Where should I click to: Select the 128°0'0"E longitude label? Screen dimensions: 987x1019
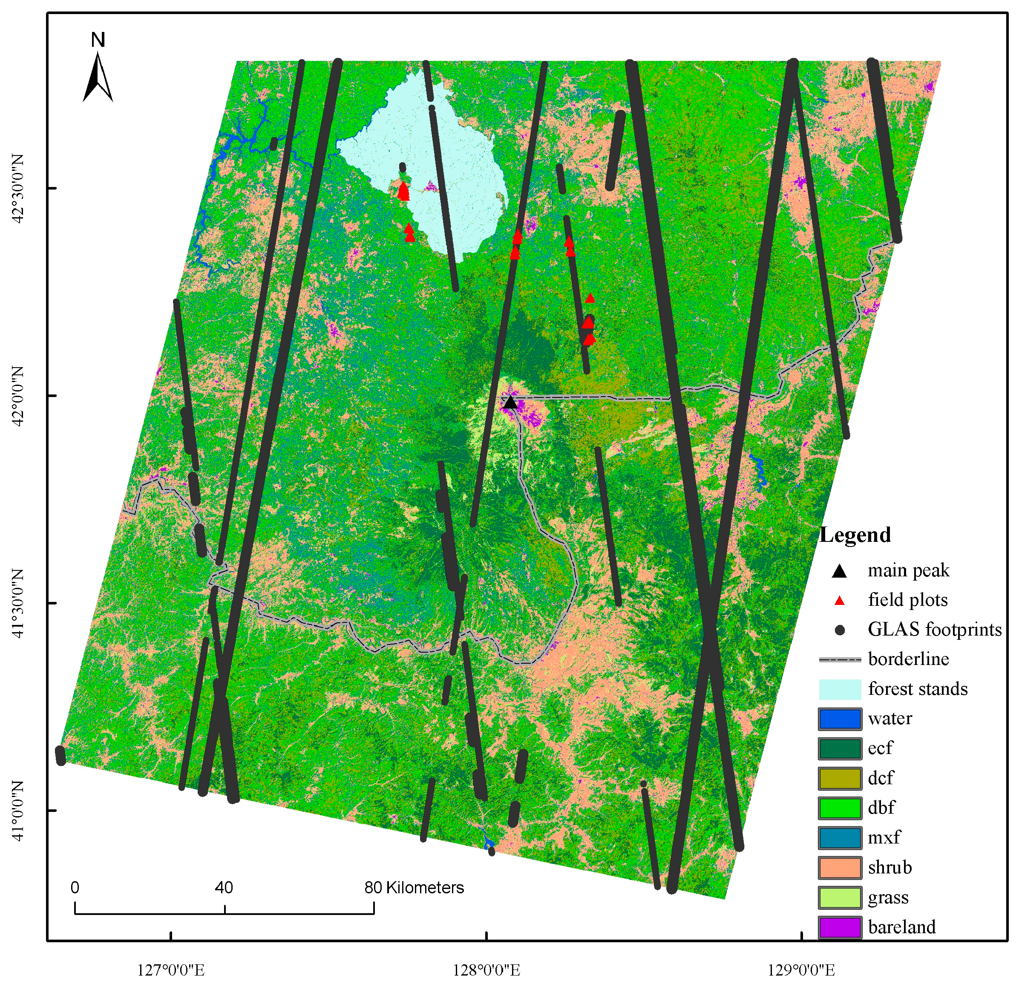(x=486, y=970)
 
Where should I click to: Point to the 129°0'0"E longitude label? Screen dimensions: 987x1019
(x=802, y=970)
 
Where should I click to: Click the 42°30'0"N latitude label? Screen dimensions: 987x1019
(x=19, y=188)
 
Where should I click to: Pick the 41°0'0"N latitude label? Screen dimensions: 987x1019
(x=19, y=810)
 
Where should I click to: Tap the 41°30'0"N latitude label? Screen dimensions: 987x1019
(x=19, y=603)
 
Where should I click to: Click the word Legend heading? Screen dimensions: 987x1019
(x=855, y=535)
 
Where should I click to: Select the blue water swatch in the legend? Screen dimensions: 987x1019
(x=840, y=719)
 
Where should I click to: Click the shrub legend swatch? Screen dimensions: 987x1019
(x=840, y=867)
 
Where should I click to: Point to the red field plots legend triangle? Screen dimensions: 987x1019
(x=840, y=601)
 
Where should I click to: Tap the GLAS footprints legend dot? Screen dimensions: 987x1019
(x=840, y=630)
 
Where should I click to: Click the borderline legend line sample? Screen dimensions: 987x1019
(x=840, y=659)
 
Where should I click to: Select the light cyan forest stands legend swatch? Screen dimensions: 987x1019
(x=840, y=689)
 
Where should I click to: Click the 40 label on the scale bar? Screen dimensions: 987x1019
(x=224, y=888)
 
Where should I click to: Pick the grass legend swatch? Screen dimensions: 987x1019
(x=840, y=898)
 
